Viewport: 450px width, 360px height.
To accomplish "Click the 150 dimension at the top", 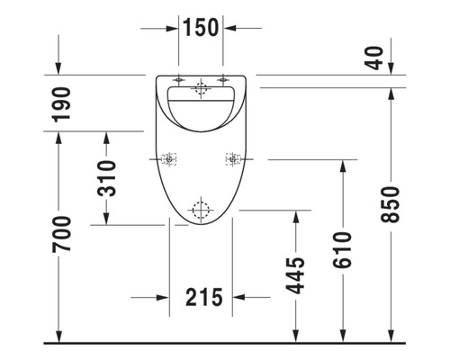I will [x=201, y=28].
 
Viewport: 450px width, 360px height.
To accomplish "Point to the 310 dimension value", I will [x=106, y=178].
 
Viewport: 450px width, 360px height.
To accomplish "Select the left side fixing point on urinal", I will [x=168, y=159].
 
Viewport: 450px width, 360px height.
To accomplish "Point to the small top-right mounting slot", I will [x=220, y=77].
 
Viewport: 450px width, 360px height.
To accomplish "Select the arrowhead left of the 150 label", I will [x=173, y=28].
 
